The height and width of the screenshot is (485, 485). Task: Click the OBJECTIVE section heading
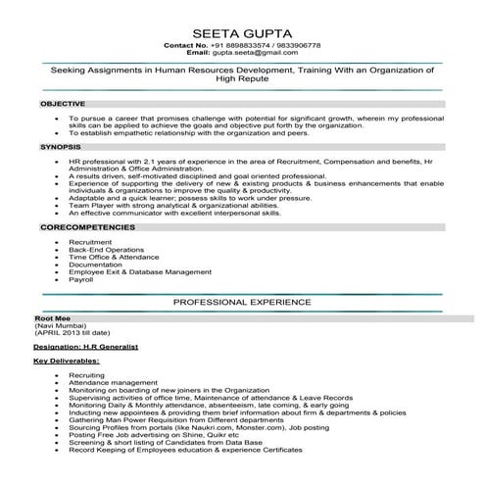click(63, 102)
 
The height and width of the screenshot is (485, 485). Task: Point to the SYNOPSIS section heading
click(60, 145)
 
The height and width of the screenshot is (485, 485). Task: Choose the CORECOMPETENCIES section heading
click(88, 226)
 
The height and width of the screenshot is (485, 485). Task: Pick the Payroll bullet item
click(80, 279)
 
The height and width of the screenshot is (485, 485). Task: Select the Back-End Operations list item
click(106, 249)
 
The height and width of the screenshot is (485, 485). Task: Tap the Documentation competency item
click(95, 264)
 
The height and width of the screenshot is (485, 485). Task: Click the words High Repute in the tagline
click(242, 81)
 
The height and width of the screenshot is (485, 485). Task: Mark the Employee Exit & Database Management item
click(139, 271)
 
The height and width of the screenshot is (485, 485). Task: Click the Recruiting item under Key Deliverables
click(87, 374)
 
